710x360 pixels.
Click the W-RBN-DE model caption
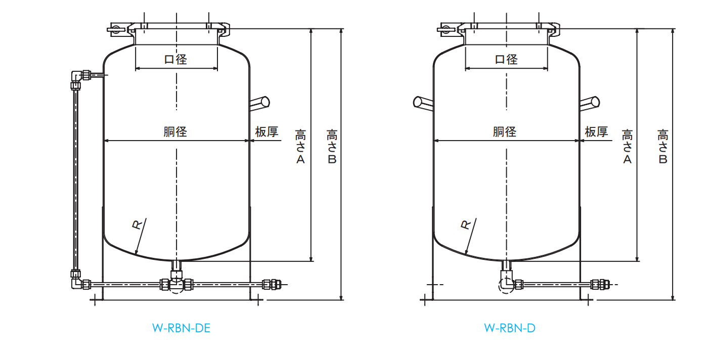(181, 328)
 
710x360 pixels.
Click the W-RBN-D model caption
(509, 328)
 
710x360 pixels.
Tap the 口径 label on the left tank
(176, 59)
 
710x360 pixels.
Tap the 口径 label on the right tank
(506, 59)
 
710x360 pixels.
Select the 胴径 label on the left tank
(175, 131)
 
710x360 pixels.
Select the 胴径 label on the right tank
(505, 131)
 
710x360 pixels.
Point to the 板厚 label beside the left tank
(267, 132)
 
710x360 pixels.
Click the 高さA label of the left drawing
(300, 147)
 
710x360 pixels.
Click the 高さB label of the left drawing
(332, 147)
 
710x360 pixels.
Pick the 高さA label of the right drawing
(627, 147)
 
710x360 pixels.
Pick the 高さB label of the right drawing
(662, 147)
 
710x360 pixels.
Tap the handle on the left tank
(260, 103)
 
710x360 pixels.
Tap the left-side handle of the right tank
(423, 103)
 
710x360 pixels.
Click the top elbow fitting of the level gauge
(76, 76)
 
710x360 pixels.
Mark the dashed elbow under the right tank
(506, 285)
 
